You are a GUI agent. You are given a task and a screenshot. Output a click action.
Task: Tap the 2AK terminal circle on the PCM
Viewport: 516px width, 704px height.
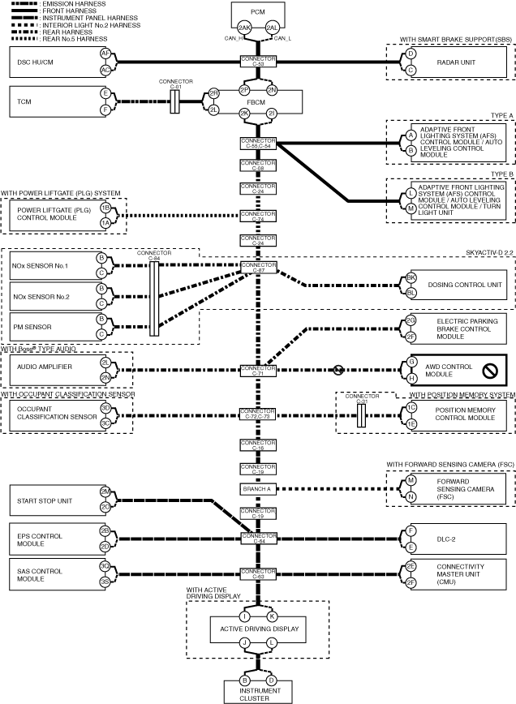point(244,27)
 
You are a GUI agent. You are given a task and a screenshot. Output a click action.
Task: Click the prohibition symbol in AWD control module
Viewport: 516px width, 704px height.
point(489,371)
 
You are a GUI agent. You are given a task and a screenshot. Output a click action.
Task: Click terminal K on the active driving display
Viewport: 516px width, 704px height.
point(273,616)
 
